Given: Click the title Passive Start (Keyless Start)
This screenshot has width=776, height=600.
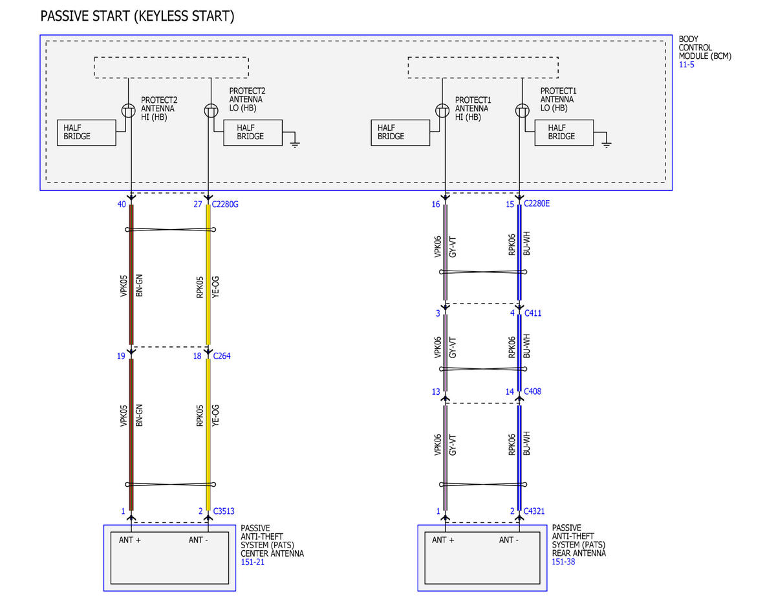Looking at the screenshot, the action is point(137,16).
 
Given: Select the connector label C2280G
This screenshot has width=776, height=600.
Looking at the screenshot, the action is point(225,204).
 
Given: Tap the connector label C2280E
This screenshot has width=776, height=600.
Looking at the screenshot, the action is point(536,203).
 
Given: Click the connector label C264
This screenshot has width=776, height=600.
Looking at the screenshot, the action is point(222,356).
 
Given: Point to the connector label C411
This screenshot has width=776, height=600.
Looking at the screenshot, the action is point(533,313).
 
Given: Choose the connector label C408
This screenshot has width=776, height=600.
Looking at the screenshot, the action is point(532,392).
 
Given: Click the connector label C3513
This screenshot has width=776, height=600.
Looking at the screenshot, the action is point(224,511).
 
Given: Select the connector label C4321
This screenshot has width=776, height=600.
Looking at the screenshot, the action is point(534,511).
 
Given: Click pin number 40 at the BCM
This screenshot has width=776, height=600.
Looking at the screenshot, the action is point(122,204).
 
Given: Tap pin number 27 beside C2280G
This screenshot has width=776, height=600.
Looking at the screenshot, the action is point(198,204).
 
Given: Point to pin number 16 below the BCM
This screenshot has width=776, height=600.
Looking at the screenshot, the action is point(436,204).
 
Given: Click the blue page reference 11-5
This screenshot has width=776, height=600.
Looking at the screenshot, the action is point(686,65).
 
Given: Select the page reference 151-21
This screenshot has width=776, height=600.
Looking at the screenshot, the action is point(252,562).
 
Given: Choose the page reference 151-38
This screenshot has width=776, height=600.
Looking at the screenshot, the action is point(563,561).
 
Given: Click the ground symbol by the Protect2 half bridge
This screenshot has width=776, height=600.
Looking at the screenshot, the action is point(295,143).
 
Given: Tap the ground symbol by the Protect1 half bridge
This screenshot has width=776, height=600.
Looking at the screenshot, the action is point(607,143).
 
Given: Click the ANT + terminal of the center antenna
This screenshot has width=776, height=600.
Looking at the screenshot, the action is point(129,540).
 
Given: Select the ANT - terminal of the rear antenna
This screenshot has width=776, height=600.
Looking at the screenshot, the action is point(508,540).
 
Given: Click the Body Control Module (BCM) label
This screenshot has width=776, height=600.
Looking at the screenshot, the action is point(705,47).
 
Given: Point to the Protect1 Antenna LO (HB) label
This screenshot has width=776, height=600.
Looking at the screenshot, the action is point(558,99).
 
